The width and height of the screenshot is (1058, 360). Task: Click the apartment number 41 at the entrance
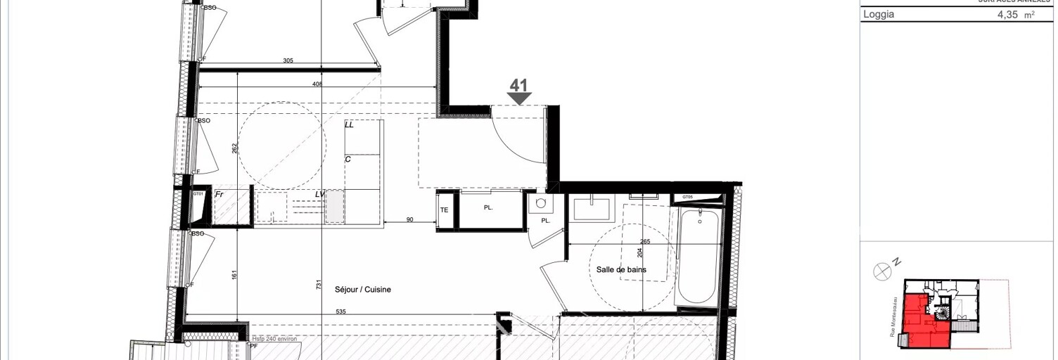point(518,85)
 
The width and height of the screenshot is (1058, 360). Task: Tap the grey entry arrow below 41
point(519,99)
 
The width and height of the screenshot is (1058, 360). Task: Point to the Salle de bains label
point(620,269)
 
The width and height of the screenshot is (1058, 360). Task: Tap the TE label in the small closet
point(445,210)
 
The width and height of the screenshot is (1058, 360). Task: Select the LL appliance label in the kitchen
point(349,124)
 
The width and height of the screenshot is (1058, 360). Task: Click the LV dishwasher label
point(320,194)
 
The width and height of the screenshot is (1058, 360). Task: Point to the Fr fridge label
point(219,194)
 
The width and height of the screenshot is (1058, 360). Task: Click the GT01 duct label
point(198,194)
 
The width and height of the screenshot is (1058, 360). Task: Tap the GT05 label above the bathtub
point(687,198)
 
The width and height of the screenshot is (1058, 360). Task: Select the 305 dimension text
point(288,61)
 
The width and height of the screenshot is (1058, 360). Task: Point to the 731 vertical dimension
point(319,285)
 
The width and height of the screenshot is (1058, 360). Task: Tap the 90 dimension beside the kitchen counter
point(409,220)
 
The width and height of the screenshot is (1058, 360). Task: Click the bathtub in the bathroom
point(699,257)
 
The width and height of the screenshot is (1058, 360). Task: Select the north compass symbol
point(882,271)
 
